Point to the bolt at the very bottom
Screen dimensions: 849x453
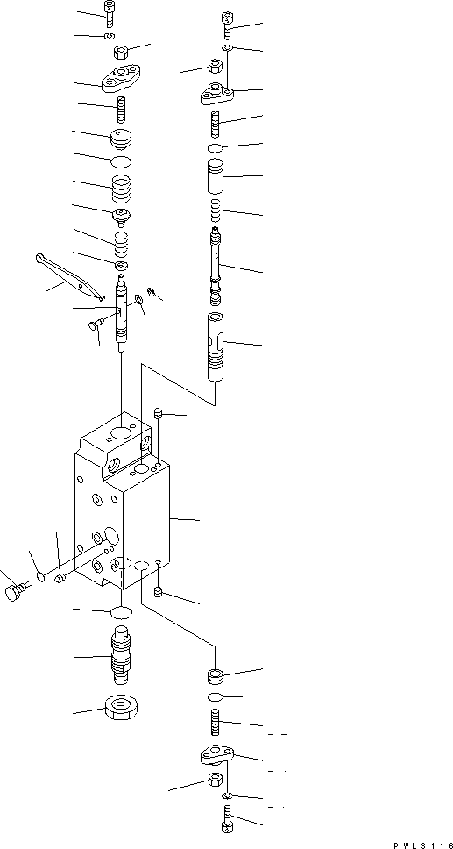[x=226, y=820]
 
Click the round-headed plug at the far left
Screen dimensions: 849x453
[x=14, y=595]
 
